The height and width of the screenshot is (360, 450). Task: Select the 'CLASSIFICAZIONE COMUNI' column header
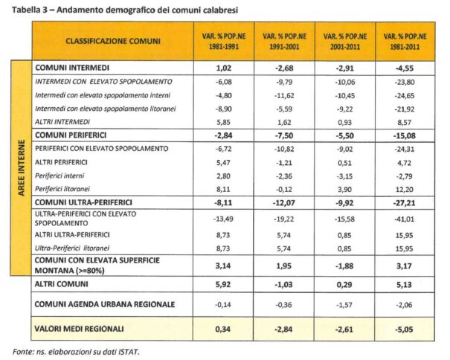[113, 40]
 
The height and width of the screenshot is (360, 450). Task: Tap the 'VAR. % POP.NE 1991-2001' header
[280, 40]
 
